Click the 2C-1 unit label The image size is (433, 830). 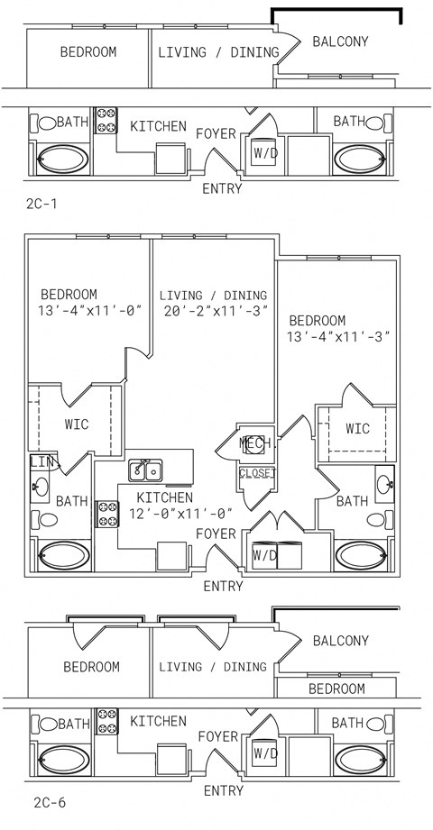click(x=41, y=204)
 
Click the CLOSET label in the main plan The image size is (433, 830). click(x=258, y=472)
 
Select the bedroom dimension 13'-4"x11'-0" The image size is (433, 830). click(x=92, y=310)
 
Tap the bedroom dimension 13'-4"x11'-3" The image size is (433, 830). click(x=338, y=336)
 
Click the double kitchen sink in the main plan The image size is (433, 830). click(x=146, y=470)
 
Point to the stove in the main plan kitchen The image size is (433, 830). click(x=106, y=514)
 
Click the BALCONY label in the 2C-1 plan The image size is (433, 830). click(x=340, y=41)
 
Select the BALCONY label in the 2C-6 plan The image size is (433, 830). click(x=340, y=641)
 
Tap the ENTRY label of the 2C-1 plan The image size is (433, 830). click(x=223, y=188)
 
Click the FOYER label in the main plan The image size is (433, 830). click(x=216, y=534)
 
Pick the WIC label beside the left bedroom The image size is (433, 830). click(x=77, y=424)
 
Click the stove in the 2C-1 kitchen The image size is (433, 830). click(x=106, y=120)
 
